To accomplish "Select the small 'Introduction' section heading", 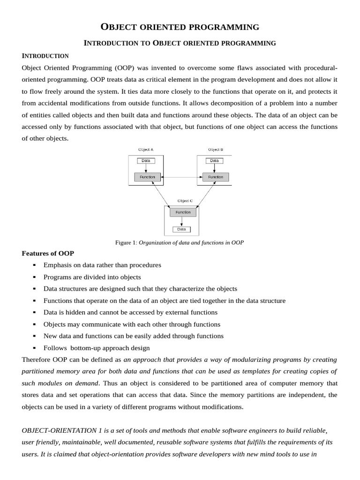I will pyautogui.click(x=45, y=56).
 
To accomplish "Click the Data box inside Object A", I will pyautogui.click(x=146, y=160).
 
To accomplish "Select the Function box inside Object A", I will pyautogui.click(x=148, y=177).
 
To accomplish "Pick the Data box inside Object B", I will pyautogui.click(x=214, y=160).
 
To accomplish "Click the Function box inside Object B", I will pyautogui.click(x=216, y=177).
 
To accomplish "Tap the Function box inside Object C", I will pyautogui.click(x=183, y=212).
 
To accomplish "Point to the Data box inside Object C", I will pyautogui.click(x=181, y=229).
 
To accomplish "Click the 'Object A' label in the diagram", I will pyautogui.click(x=145, y=150).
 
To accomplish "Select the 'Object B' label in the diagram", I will pyautogui.click(x=215, y=150).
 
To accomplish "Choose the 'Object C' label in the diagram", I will pyautogui.click(x=185, y=201).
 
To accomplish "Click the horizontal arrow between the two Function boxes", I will pyautogui.click(x=181, y=177).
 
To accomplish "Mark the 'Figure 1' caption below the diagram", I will pyautogui.click(x=180, y=242).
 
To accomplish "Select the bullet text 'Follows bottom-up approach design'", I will pyautogui.click(x=97, y=348).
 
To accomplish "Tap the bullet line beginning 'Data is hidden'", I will pyautogui.click(x=130, y=312).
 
